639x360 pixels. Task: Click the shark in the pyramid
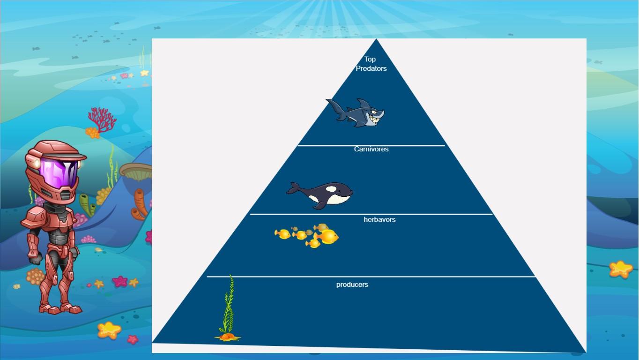coord(357,113)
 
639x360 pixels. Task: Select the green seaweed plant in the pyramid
coord(228,305)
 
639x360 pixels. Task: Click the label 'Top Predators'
coord(371,64)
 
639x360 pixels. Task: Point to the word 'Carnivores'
coord(371,149)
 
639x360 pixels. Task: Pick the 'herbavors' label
coord(379,219)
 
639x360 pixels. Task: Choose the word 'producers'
coord(352,285)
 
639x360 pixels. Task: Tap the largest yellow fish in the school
coord(327,237)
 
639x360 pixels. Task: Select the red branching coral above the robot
coord(102,118)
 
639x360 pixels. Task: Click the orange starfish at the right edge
coord(621,269)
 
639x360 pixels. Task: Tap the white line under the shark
coord(371,145)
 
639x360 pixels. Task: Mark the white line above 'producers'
coord(371,277)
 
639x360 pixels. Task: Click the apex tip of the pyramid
coord(377,40)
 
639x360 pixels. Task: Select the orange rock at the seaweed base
coord(228,337)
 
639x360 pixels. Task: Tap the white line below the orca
coord(371,214)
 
